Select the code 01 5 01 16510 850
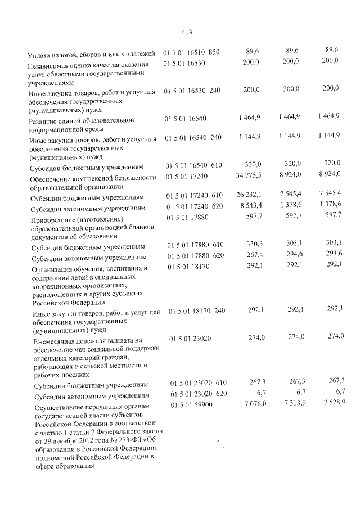click(x=191, y=52)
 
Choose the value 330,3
click(x=252, y=245)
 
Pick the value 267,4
click(x=252, y=256)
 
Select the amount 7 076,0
click(x=250, y=404)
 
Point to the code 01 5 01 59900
click(x=190, y=404)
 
